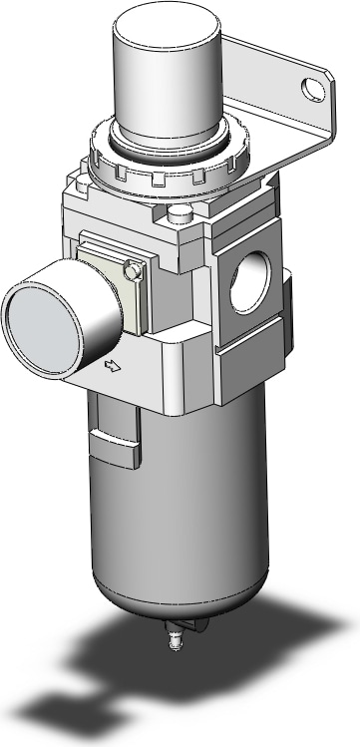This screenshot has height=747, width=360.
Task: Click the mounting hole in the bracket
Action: (x=316, y=97)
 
